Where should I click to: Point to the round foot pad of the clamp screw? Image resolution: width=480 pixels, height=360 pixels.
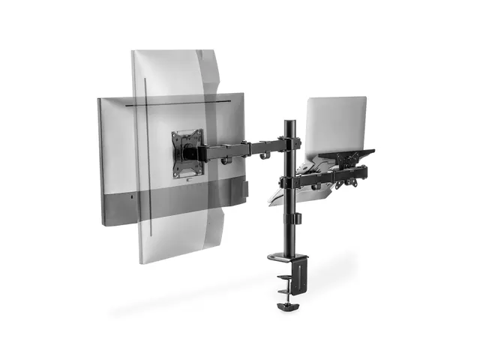click(x=286, y=307)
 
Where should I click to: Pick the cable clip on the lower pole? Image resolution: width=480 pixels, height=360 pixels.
click(x=297, y=218)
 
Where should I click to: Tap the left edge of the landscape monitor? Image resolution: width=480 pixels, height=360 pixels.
click(x=100, y=161)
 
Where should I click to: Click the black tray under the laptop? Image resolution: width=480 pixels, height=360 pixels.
click(x=345, y=157)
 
